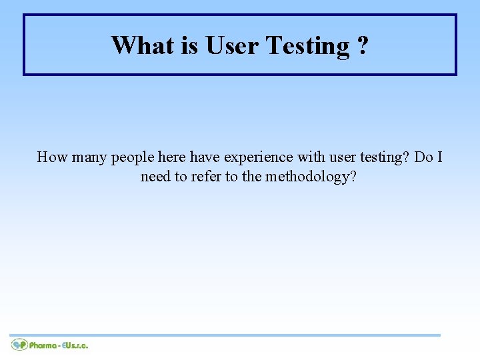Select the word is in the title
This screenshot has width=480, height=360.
[188, 45]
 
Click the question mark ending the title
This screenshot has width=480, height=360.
[361, 45]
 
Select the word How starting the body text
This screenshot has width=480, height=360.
[51, 157]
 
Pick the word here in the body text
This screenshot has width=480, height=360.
[172, 157]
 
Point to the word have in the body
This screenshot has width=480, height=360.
[204, 157]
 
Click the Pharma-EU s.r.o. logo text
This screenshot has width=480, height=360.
[58, 345]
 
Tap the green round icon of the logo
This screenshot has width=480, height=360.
[19, 345]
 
